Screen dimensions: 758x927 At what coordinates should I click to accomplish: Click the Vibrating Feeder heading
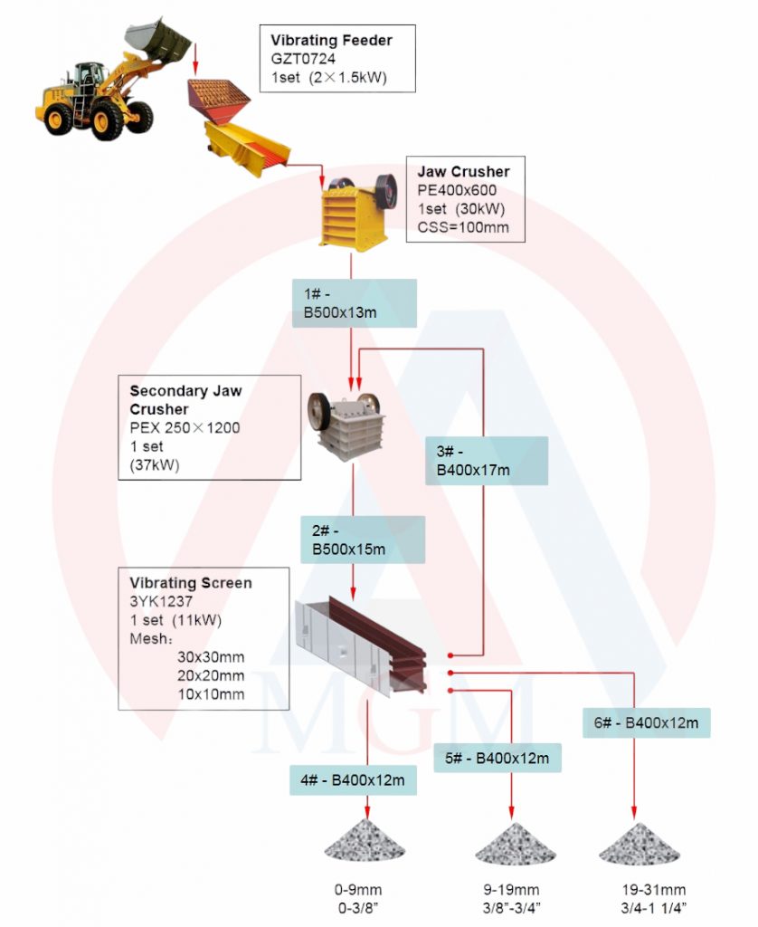[331, 40]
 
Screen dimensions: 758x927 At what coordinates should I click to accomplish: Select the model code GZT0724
[303, 59]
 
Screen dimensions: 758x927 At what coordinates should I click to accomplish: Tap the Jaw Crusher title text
[463, 171]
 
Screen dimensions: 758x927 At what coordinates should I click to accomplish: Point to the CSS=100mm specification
[463, 227]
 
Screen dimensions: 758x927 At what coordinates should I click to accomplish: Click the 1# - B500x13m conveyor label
[354, 303]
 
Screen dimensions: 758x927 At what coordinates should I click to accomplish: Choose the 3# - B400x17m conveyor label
[487, 461]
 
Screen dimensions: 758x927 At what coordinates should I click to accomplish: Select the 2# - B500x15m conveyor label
[362, 540]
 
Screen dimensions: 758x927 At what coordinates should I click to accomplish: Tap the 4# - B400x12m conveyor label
[353, 780]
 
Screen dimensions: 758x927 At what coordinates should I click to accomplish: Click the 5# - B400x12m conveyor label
[497, 758]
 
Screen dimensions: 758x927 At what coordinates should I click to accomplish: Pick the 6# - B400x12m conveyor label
[647, 722]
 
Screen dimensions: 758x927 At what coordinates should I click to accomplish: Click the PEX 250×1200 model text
[185, 427]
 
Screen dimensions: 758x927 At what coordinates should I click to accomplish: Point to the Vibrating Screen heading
[191, 583]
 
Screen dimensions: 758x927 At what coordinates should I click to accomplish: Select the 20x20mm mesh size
[211, 675]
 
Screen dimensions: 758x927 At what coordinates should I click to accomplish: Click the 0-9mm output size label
[358, 890]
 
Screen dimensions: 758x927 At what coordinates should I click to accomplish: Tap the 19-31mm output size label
[653, 890]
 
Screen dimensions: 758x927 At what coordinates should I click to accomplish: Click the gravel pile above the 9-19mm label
[514, 844]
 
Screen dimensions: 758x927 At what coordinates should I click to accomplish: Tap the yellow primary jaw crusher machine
[355, 213]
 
